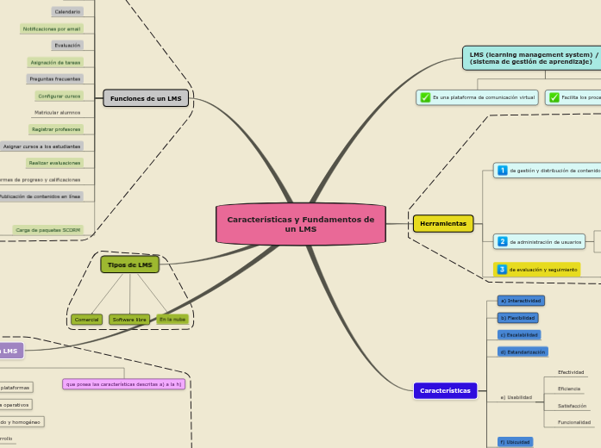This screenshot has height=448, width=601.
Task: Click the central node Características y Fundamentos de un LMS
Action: pyautogui.click(x=300, y=224)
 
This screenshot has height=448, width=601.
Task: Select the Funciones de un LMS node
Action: pyautogui.click(x=146, y=99)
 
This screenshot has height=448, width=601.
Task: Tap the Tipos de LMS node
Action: pyautogui.click(x=130, y=264)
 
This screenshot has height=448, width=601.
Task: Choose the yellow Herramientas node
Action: pyautogui.click(x=443, y=223)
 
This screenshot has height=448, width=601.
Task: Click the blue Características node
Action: pyautogui.click(x=445, y=390)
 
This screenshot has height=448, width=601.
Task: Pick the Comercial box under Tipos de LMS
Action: pyautogui.click(x=86, y=320)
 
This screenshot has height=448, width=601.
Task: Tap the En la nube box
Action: pyautogui.click(x=172, y=320)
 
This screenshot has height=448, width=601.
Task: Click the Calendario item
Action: pyautogui.click(x=67, y=12)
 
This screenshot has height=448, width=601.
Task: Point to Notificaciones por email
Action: pyautogui.click(x=52, y=28)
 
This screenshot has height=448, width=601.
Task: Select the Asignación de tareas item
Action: pyautogui.click(x=55, y=62)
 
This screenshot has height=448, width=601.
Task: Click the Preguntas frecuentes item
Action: pyautogui.click(x=54, y=78)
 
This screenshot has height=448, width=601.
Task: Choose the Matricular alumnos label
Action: pyautogui.click(x=58, y=112)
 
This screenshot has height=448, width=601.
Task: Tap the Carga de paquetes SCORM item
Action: pyautogui.click(x=48, y=230)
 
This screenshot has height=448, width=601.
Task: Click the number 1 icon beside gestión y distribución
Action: pyautogui.click(x=502, y=171)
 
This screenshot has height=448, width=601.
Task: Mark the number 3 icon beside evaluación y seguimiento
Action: pyautogui.click(x=502, y=270)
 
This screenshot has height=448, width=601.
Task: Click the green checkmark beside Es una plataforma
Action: pyautogui.click(x=425, y=97)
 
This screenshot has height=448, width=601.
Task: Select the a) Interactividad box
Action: pyautogui.click(x=521, y=301)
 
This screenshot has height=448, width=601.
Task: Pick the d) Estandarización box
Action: pyautogui.click(x=523, y=352)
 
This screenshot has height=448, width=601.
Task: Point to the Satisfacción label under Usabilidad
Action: pyautogui.click(x=572, y=405)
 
